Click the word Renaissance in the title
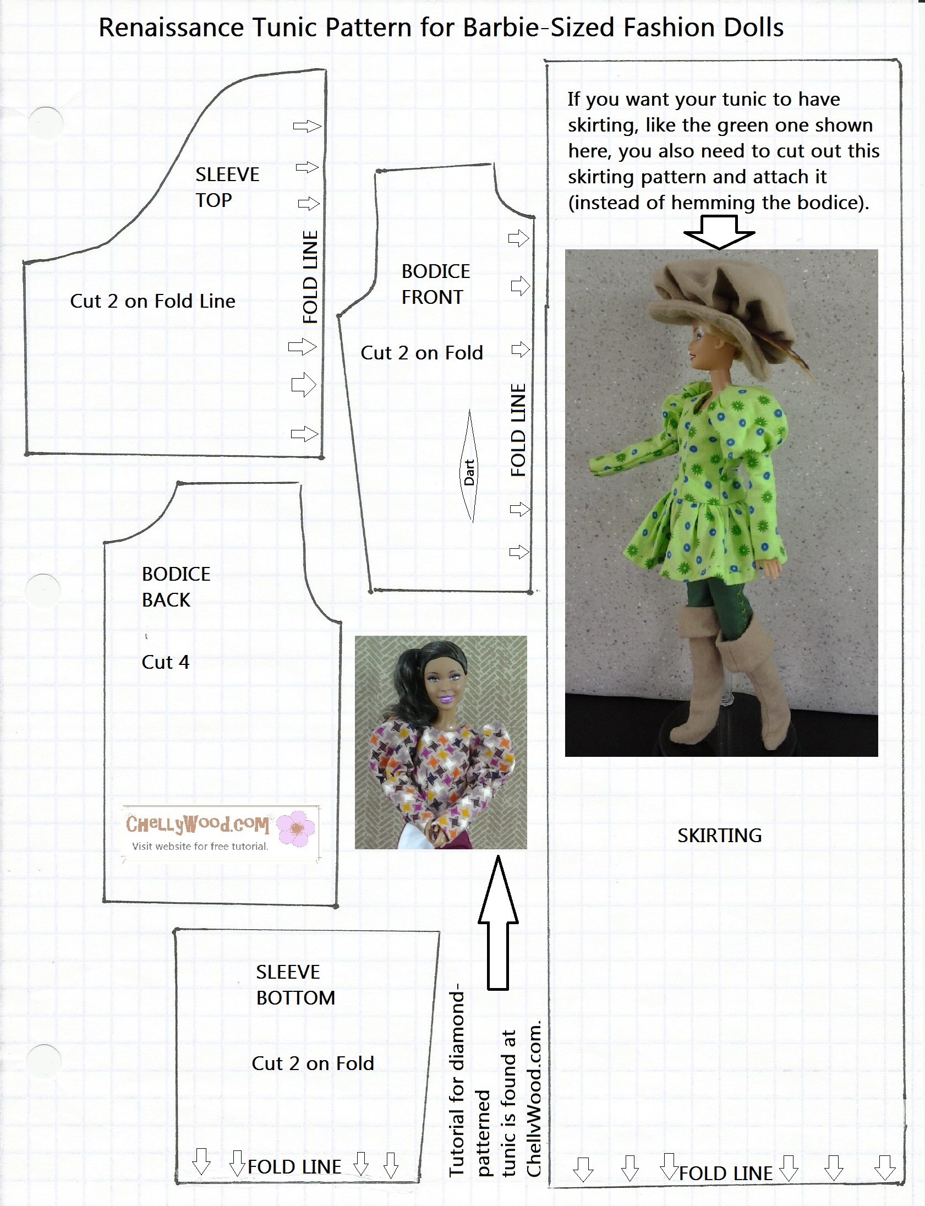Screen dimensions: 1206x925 [x=171, y=28]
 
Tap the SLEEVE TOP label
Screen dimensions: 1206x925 [x=227, y=187]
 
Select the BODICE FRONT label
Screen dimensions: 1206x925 [x=435, y=284]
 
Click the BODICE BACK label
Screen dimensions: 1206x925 [x=176, y=586]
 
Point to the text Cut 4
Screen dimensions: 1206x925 [x=165, y=662]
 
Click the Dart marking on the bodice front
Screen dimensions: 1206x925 [x=470, y=472]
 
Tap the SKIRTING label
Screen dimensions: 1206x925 [x=719, y=836]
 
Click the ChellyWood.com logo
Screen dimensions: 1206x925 [x=197, y=824]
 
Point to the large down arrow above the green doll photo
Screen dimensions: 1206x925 [x=719, y=232]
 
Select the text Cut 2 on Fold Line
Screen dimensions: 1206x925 [x=152, y=301]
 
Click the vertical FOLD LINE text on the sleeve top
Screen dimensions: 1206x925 [x=310, y=277]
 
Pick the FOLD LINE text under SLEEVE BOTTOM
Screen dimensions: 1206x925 [x=294, y=1166]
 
